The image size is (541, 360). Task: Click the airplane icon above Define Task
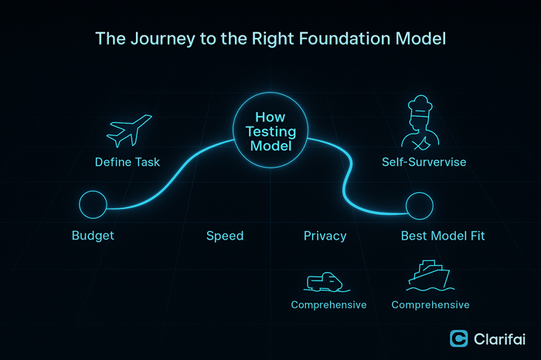(x=129, y=131)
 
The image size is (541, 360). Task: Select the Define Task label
(x=128, y=162)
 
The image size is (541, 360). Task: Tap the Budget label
(x=93, y=236)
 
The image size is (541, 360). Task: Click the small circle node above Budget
(x=93, y=205)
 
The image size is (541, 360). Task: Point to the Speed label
(x=225, y=236)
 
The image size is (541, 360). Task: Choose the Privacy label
(x=325, y=236)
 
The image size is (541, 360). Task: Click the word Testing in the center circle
(x=270, y=132)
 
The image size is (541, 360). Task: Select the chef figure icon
(x=417, y=127)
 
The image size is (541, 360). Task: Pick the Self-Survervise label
(x=424, y=162)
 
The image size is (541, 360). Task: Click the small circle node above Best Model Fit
(x=420, y=206)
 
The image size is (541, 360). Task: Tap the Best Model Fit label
(x=443, y=236)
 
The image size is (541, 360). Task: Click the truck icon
(x=325, y=281)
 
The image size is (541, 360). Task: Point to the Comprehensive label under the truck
(x=328, y=305)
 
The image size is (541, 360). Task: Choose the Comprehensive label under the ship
(x=430, y=305)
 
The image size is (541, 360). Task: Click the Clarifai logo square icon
(x=459, y=338)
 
